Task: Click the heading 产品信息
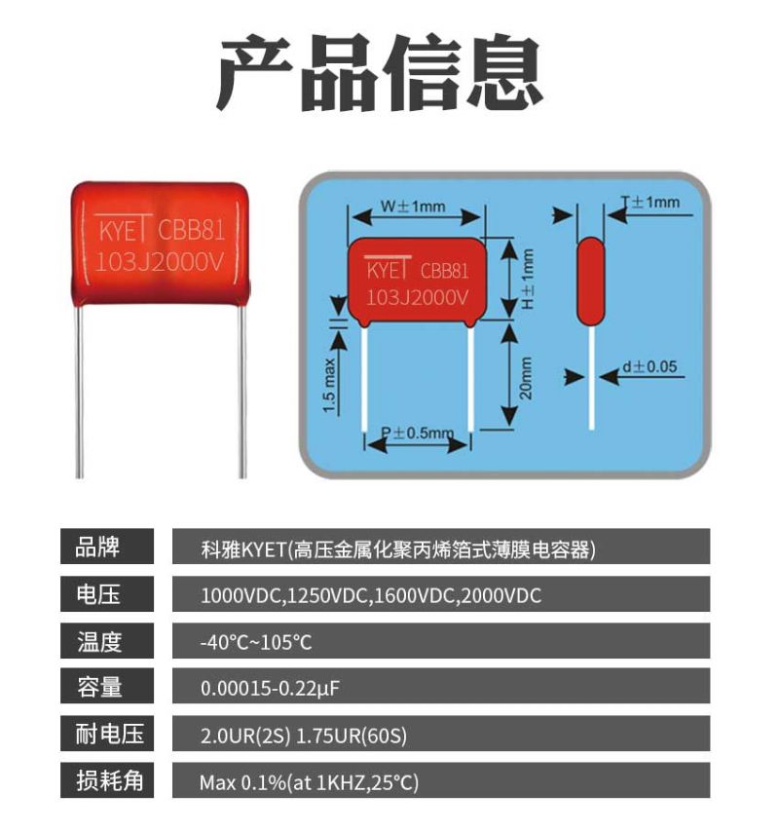(380, 75)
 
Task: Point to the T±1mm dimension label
(650, 203)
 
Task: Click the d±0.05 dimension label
(649, 367)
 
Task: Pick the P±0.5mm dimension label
(417, 432)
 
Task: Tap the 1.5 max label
(328, 386)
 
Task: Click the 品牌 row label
(107, 548)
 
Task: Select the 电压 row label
(107, 594)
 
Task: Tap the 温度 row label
(107, 641)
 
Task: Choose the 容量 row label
(107, 688)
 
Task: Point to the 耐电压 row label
(107, 735)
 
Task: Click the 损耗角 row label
(107, 781)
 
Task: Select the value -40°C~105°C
(256, 643)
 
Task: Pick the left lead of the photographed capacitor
(81, 390)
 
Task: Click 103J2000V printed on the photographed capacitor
(161, 260)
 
